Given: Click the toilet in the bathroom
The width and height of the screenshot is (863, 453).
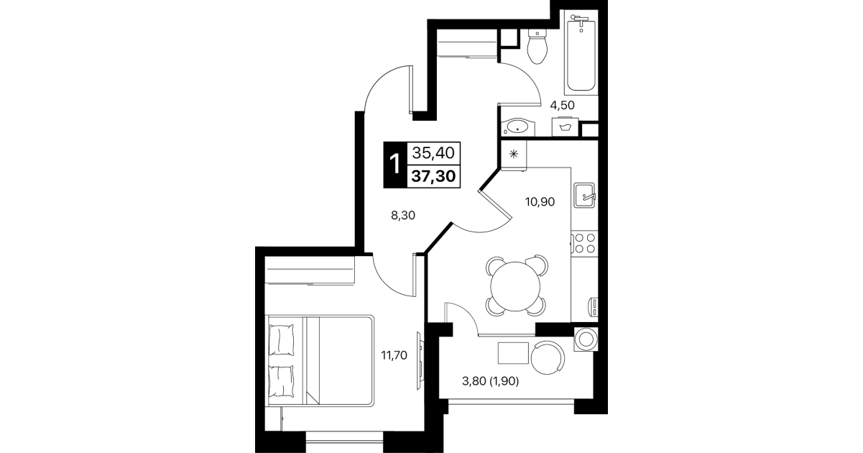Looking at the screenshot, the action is point(537,47).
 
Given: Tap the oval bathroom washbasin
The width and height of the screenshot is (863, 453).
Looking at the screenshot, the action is point(518,127).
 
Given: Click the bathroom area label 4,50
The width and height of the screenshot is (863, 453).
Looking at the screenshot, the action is point(562,105).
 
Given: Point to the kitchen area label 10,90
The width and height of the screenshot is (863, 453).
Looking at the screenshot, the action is point(540,201).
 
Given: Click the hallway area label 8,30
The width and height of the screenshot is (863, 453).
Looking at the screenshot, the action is point(403,216).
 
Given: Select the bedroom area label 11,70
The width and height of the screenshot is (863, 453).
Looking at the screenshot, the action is point(394,355).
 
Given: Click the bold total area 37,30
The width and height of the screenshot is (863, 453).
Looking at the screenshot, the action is point(433,177).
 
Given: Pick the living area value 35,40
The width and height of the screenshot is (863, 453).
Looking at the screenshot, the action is point(433,153).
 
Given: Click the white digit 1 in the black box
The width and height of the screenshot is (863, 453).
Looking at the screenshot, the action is point(395,164).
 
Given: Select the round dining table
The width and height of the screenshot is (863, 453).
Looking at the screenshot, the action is point(515,286).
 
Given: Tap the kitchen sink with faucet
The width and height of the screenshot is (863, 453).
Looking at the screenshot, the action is point(585,196).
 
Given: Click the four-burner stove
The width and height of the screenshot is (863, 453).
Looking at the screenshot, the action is point(584,243).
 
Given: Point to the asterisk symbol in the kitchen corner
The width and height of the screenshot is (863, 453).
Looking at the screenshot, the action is point(514,154).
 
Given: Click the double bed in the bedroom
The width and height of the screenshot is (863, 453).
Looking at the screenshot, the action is point(320,360).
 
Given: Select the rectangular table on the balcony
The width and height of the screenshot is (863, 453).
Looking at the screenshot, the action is point(513,353).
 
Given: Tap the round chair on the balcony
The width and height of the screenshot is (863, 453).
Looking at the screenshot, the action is point(548,357).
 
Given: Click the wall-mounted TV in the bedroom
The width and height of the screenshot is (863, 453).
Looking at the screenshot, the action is point(420,361).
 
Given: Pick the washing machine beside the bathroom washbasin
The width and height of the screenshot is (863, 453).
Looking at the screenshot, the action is point(566,127).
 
